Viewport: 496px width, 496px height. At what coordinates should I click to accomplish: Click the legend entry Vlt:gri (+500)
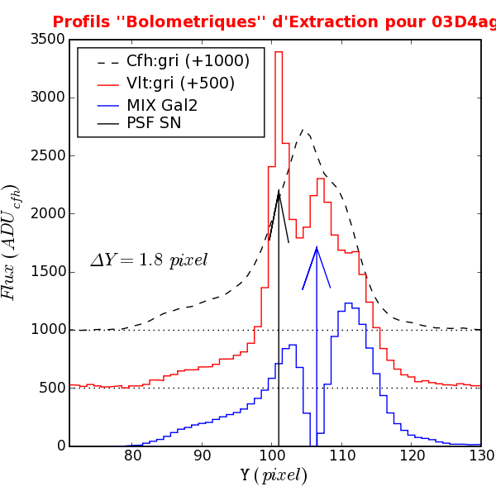180,83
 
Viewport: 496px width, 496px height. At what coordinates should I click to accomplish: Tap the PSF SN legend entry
154,124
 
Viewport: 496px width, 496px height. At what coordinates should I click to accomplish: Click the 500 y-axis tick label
41,388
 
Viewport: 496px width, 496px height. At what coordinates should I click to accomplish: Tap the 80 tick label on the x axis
133,456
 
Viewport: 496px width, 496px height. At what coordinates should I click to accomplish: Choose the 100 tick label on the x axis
273,456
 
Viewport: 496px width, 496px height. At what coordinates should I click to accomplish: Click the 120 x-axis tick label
412,456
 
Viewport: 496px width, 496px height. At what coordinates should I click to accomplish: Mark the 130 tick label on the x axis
480,456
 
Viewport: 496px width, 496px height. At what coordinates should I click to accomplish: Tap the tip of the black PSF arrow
279,191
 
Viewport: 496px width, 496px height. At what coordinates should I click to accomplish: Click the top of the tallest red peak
279,52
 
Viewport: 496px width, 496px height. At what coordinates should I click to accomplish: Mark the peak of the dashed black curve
303,130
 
